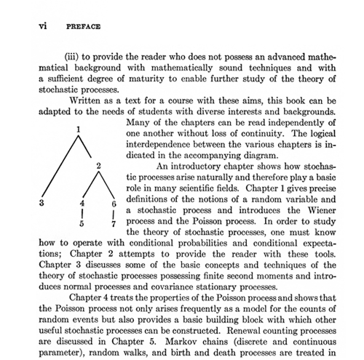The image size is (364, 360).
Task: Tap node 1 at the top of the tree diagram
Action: (76, 129)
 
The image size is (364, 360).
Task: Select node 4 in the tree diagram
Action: (83, 204)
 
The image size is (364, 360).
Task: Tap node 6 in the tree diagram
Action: (114, 204)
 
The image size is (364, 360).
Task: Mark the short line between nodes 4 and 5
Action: (83, 214)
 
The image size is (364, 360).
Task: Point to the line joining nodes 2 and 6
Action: (106, 186)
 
